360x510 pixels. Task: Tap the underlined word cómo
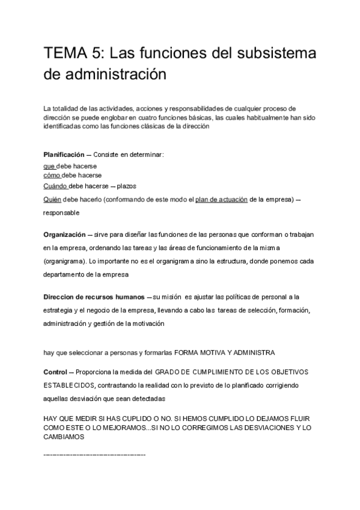[x=52, y=175]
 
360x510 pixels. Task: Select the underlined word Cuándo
[x=55, y=186]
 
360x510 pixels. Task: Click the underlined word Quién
[x=52, y=199]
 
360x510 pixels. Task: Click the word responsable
[x=61, y=212]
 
